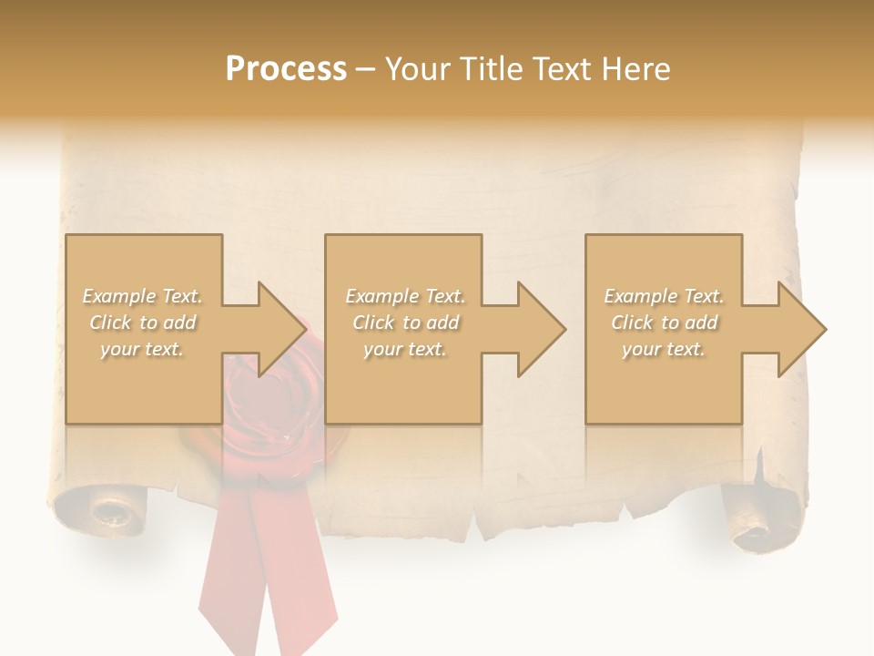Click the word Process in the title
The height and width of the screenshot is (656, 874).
[x=286, y=69]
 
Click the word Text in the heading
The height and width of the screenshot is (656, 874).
[x=560, y=69]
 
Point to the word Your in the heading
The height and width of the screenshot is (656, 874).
[x=417, y=69]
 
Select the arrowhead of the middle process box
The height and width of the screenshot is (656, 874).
[x=540, y=329]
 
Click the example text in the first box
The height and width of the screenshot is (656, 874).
[x=143, y=323]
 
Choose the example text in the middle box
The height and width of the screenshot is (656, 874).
[x=405, y=323]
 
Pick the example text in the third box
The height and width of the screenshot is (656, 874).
[x=664, y=323]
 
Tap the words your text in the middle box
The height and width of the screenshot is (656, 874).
[x=405, y=349]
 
